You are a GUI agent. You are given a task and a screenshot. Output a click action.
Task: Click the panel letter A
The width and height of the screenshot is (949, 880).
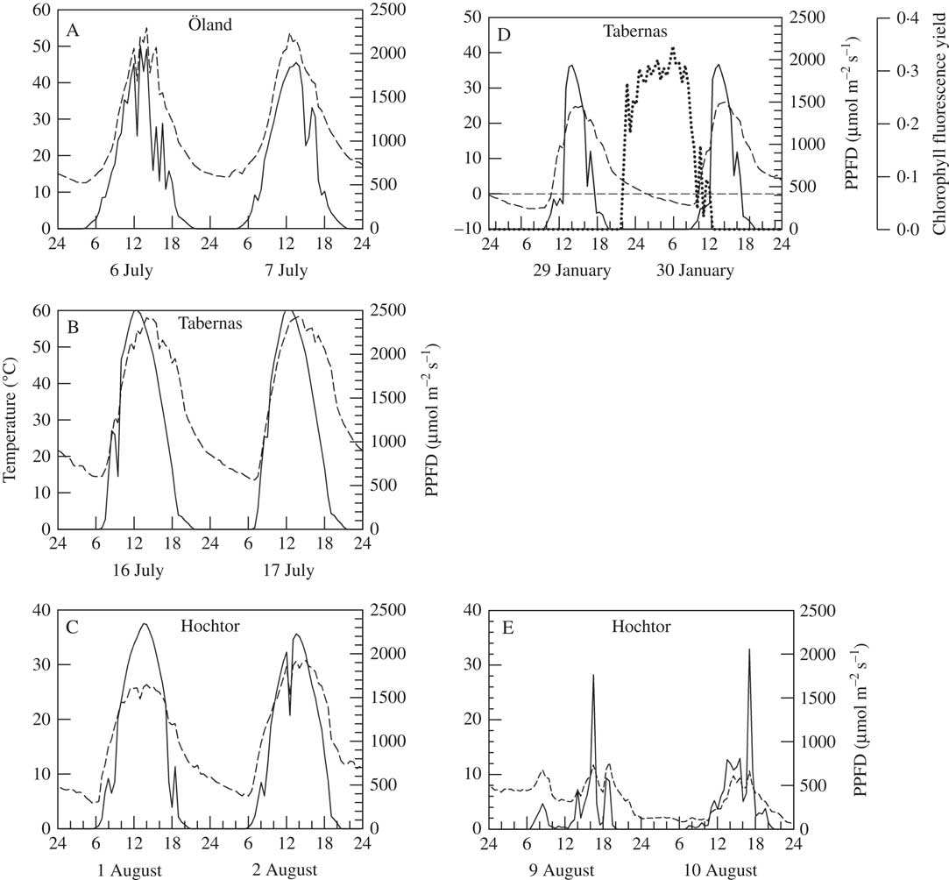74,30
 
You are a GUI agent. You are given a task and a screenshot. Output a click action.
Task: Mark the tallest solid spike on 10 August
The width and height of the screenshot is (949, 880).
749,649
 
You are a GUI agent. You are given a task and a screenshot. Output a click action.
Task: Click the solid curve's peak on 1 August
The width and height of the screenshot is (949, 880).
145,624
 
